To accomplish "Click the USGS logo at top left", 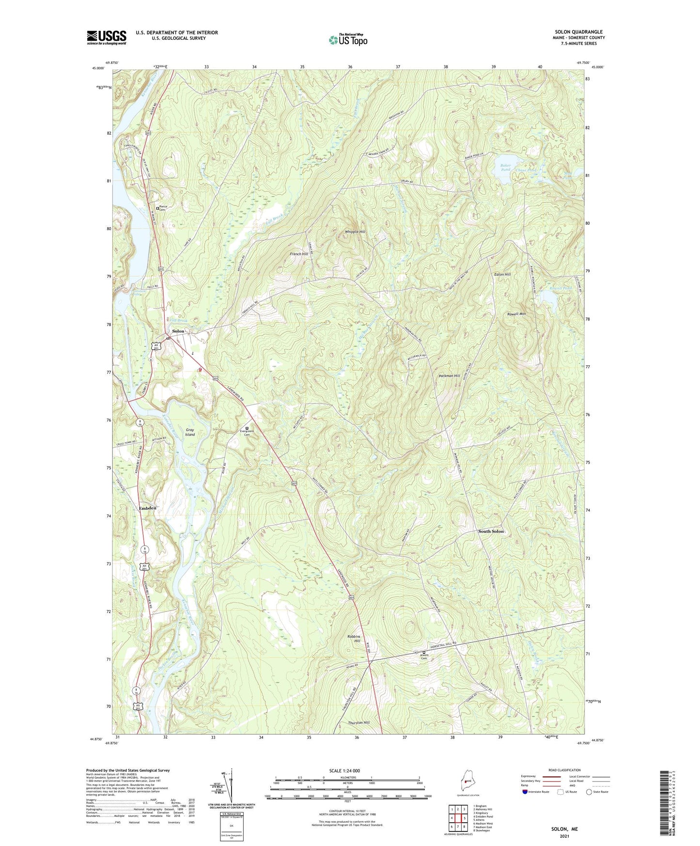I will tap(107, 37).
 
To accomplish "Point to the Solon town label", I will tap(178, 331).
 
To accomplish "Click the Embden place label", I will tap(147, 508).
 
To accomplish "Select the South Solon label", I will tap(491, 531).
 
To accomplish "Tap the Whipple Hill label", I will tap(355, 232).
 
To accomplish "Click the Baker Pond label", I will tap(505, 168).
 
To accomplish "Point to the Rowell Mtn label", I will tap(516, 314).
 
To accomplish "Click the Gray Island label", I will tap(190, 432).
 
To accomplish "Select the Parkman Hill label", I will tap(449, 376).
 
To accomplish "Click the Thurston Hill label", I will tap(358, 722).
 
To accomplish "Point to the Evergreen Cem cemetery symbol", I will tap(247, 428).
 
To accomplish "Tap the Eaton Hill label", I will tap(502, 274).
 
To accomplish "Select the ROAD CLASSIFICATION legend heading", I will tap(564, 770).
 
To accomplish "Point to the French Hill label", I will tap(299, 254).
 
